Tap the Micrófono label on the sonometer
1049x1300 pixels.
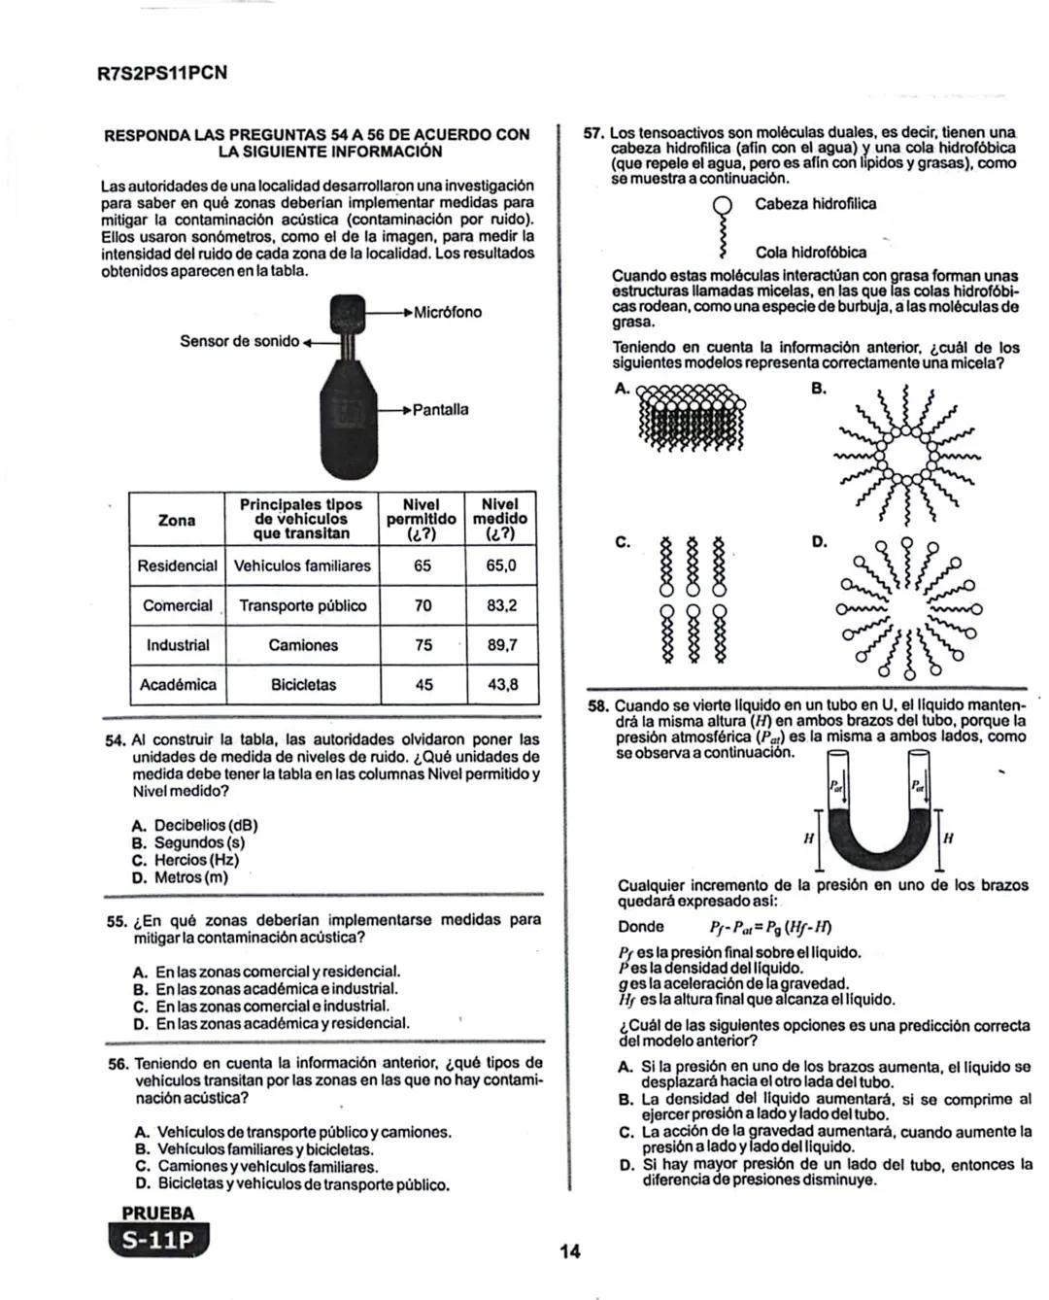coord(447,313)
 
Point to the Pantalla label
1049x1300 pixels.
coord(440,410)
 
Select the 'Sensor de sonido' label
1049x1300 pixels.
coord(239,341)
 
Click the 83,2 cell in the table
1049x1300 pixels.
coord(500,605)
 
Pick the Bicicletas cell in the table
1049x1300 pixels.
coord(303,685)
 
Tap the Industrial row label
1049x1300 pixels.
coord(178,645)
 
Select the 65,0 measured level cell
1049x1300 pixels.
coord(500,565)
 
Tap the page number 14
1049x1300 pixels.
coord(570,1252)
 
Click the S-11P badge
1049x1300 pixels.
coord(158,1241)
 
